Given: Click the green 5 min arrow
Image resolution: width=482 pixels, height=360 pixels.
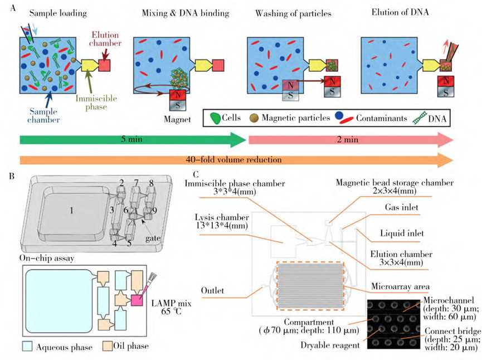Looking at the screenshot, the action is tap(133, 140).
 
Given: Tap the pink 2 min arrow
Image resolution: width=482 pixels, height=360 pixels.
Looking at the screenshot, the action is tap(350, 140).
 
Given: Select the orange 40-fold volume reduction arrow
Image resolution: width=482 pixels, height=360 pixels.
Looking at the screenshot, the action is tap(236, 160).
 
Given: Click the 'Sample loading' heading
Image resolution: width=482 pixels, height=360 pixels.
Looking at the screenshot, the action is tap(58, 13).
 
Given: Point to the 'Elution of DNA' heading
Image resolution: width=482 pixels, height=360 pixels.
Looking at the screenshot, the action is tap(400, 12).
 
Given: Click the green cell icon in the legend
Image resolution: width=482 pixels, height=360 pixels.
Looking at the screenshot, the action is tap(216, 118).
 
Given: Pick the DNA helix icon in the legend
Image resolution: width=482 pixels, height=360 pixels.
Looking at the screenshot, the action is tap(420, 118).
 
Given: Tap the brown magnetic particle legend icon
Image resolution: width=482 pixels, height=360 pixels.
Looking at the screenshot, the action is tap(254, 118).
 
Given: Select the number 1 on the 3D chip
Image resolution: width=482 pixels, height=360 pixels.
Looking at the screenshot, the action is tap(71, 211).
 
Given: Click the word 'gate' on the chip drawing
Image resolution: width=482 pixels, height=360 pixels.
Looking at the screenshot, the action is tap(153, 239).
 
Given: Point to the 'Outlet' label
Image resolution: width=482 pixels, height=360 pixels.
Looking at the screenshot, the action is tap(212, 290).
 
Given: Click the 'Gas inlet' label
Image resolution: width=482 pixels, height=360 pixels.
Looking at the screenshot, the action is tap(401, 207).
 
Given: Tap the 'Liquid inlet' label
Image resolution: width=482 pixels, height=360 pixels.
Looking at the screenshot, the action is tap(402, 233).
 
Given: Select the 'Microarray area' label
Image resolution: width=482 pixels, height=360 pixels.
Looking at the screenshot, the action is tap(400, 286).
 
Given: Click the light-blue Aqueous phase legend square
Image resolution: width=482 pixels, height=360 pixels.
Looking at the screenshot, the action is tap(27, 346).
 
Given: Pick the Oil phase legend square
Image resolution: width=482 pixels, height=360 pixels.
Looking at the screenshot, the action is tap(108, 346).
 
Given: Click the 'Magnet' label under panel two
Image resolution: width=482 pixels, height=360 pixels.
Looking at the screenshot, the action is tap(177, 119).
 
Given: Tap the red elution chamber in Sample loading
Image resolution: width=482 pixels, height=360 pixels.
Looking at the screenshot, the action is tap(104, 66).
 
